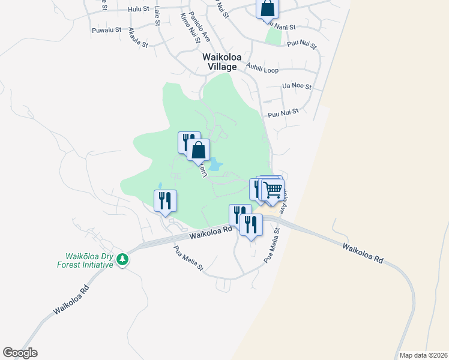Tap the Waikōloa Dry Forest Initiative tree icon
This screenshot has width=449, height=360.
point(122,259)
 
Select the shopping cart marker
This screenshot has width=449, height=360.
point(273,190)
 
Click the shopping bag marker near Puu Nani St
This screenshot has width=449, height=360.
point(267,9)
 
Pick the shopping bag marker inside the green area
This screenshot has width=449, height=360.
point(199,149)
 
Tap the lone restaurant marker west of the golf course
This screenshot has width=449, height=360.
point(164,200)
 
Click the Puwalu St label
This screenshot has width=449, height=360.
point(107,29)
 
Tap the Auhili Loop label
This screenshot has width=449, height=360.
point(262,70)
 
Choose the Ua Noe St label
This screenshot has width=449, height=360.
point(297,86)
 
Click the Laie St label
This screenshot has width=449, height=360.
point(157,16)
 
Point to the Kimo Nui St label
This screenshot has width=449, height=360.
point(194,32)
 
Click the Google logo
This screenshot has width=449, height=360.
point(20,353)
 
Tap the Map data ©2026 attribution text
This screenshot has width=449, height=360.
point(422,355)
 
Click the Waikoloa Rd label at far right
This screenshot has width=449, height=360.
point(363,253)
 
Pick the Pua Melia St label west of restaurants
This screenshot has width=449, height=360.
point(189,258)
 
